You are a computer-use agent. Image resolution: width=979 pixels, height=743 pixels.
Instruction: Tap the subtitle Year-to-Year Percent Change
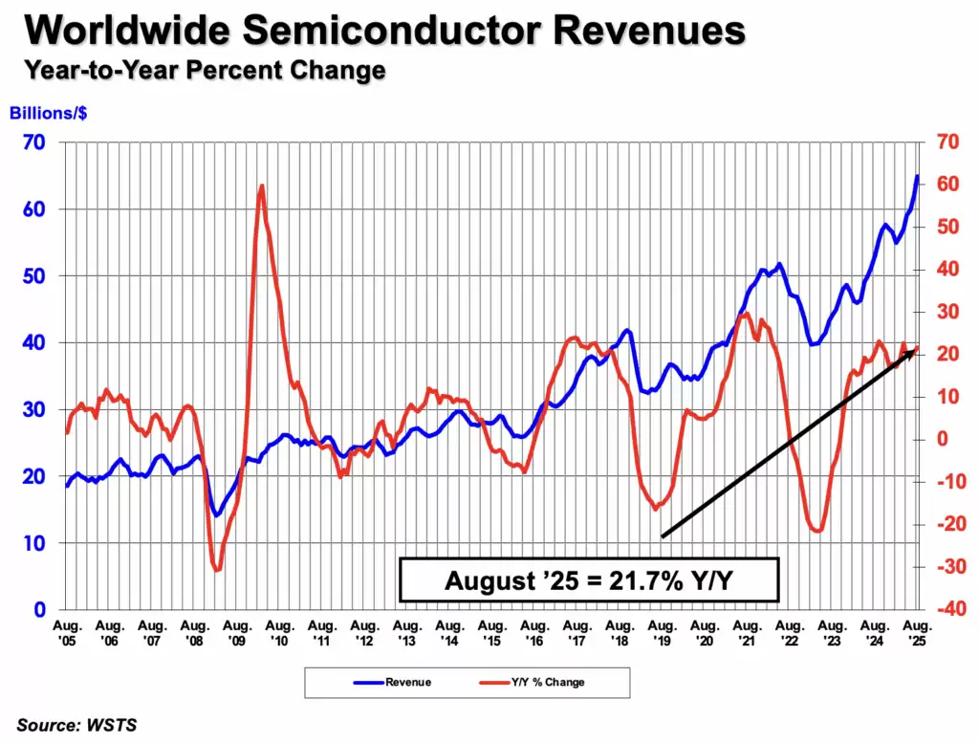pyautogui.click(x=206, y=70)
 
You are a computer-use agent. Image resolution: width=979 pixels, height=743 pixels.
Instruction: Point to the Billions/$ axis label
pyautogui.click(x=49, y=113)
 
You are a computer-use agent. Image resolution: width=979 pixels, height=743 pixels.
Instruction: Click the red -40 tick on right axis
pyautogui.click(x=946, y=609)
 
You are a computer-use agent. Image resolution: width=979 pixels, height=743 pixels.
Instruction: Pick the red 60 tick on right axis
pyautogui.click(x=946, y=185)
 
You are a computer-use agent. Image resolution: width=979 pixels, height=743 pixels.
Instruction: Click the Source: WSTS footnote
pyautogui.click(x=76, y=725)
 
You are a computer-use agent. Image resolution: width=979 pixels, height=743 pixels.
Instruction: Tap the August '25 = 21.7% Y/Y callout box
pyautogui.click(x=589, y=579)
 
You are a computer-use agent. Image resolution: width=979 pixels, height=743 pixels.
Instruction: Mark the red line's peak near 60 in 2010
pyautogui.click(x=261, y=186)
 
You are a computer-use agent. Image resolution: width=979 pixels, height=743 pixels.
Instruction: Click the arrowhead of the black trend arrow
pyautogui.click(x=911, y=352)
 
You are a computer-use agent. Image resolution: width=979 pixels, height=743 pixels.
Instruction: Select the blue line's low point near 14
pyautogui.click(x=217, y=515)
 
